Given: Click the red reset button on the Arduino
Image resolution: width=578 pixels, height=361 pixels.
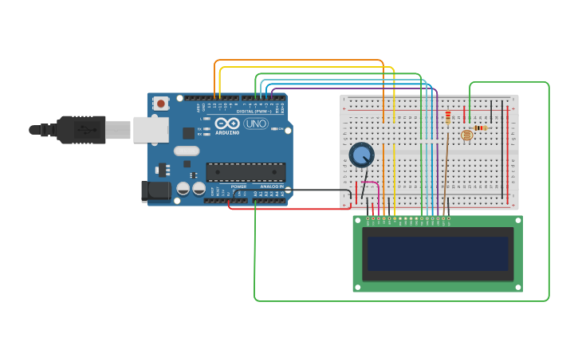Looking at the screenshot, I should (161, 103).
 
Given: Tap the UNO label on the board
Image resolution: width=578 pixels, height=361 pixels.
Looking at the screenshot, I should (256, 124).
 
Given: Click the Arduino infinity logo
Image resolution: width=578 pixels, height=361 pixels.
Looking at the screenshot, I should (226, 123).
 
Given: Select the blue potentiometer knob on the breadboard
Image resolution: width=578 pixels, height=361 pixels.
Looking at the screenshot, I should (361, 154).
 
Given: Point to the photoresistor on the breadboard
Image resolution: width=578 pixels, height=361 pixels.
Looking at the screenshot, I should (466, 135).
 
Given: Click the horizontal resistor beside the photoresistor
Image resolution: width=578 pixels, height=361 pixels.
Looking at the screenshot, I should (480, 128).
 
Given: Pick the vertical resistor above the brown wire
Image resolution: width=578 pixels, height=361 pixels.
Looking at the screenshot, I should (448, 118).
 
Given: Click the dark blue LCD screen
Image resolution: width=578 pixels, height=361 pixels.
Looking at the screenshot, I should (437, 253).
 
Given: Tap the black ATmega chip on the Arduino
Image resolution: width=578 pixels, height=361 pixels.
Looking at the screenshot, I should (246, 172).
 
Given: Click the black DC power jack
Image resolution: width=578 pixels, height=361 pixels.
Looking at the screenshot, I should (155, 190).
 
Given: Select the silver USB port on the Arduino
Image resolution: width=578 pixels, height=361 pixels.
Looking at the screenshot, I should (150, 129).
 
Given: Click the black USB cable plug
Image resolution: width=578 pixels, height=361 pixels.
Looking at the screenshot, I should (81, 129).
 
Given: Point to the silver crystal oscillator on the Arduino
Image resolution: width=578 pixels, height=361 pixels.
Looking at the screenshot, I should (187, 151).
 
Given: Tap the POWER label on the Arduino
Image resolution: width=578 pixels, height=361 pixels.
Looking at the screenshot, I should (238, 186).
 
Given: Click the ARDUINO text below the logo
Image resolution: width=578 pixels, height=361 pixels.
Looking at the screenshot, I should (227, 132).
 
